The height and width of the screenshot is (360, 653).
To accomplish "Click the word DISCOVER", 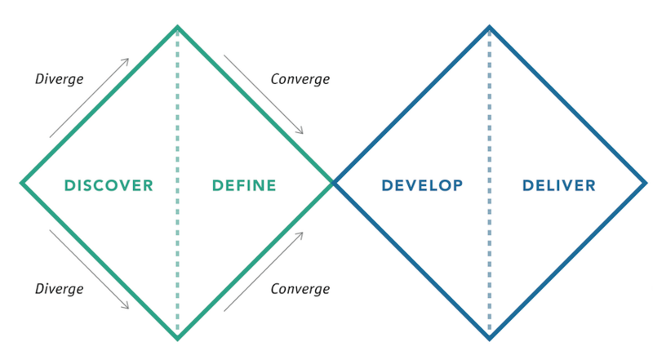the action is click(109, 185).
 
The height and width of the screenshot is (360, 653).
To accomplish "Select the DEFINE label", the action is click(244, 185).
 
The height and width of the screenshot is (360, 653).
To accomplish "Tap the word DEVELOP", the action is click(422, 185).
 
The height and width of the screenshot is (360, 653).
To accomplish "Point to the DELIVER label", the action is click(559, 185).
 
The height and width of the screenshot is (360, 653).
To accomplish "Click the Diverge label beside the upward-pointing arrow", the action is click(59, 79).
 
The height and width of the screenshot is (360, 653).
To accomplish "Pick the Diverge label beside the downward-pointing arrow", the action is click(59, 289).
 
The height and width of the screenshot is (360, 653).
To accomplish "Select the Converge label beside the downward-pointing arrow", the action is click(300, 79).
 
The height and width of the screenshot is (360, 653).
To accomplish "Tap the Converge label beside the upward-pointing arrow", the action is click(300, 289).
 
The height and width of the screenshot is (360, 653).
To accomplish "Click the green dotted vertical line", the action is click(177, 183).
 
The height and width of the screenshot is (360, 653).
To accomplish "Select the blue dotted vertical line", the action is click(489, 183).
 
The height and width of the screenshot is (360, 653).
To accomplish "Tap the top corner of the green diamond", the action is click(177, 27).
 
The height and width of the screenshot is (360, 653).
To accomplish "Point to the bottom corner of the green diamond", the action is click(177, 339).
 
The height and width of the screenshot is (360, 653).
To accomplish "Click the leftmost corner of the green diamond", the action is click(21, 183).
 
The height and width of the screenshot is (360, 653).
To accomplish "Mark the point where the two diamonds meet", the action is click(333, 183).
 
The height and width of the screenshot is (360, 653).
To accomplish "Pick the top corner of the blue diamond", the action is click(489, 27).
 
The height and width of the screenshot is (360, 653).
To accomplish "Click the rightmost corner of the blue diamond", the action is click(646, 183).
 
